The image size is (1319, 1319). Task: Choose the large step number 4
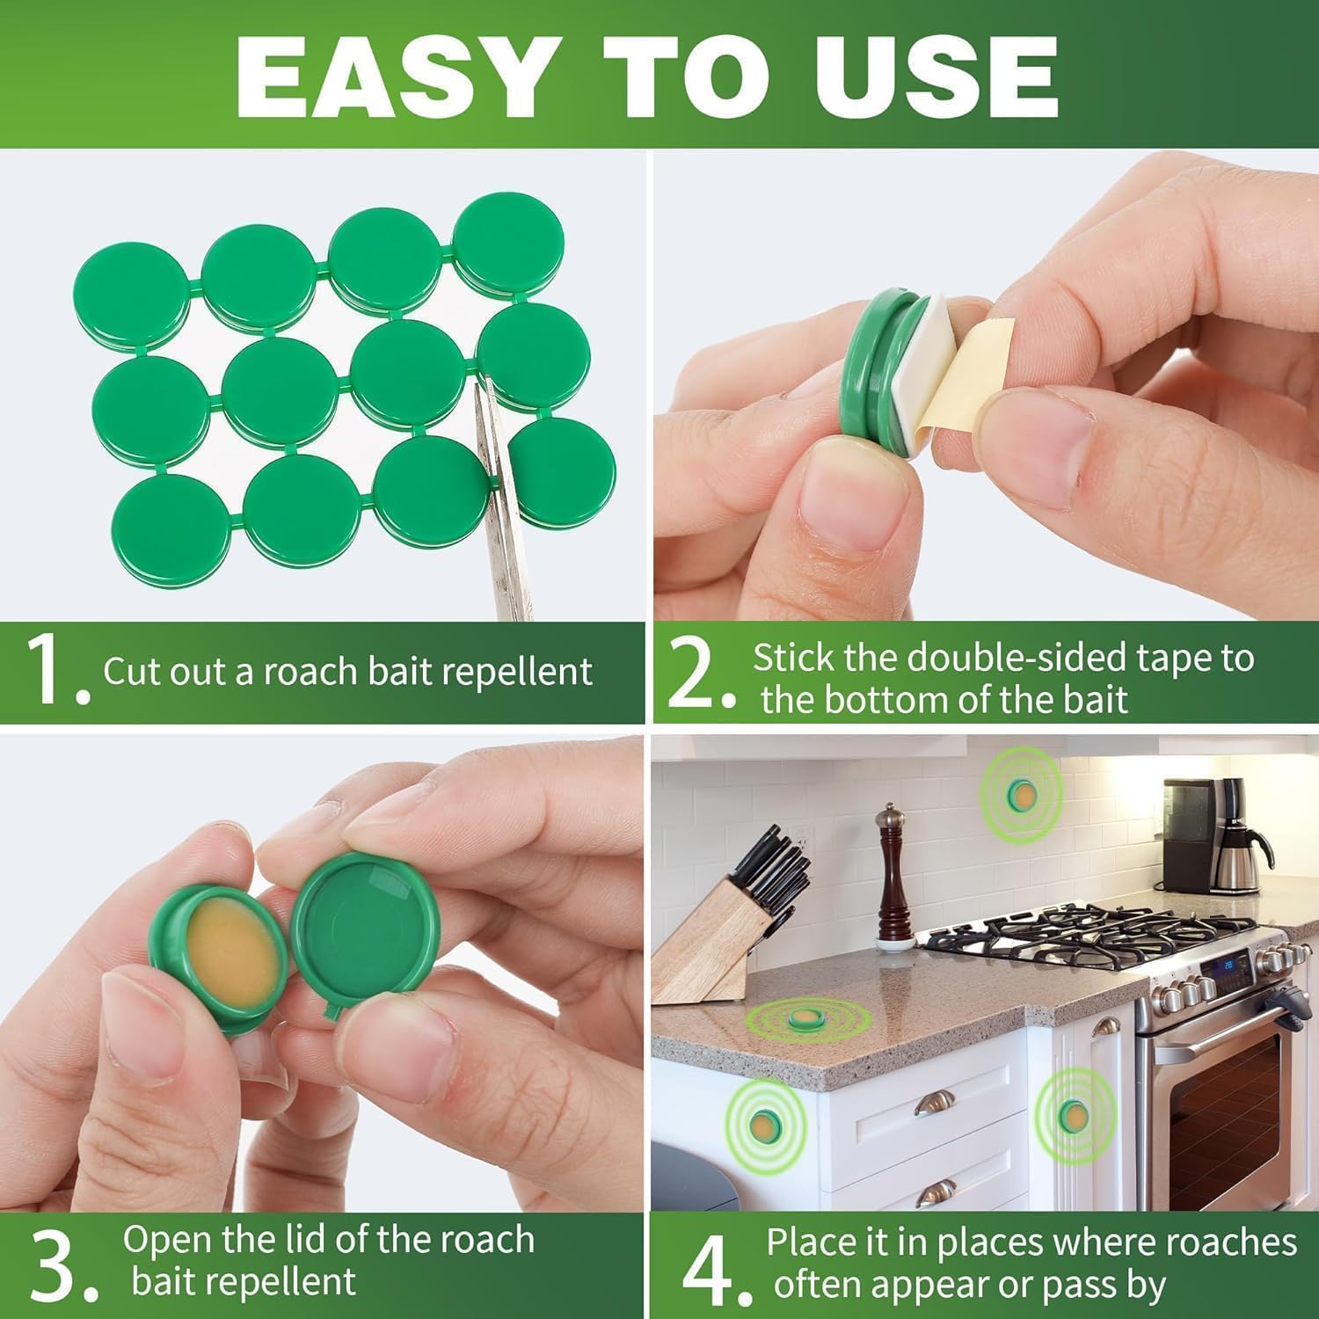[x=708, y=1266]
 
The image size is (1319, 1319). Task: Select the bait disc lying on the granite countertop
[x=803, y=1018]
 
